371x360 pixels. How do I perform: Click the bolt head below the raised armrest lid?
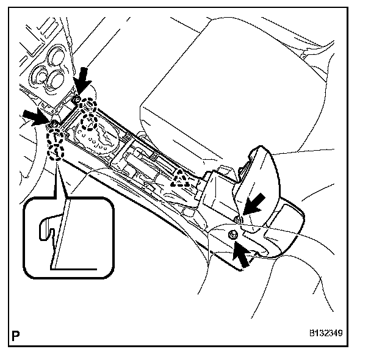pos(234,235)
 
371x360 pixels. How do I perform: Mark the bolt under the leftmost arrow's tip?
pos(53,124)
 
